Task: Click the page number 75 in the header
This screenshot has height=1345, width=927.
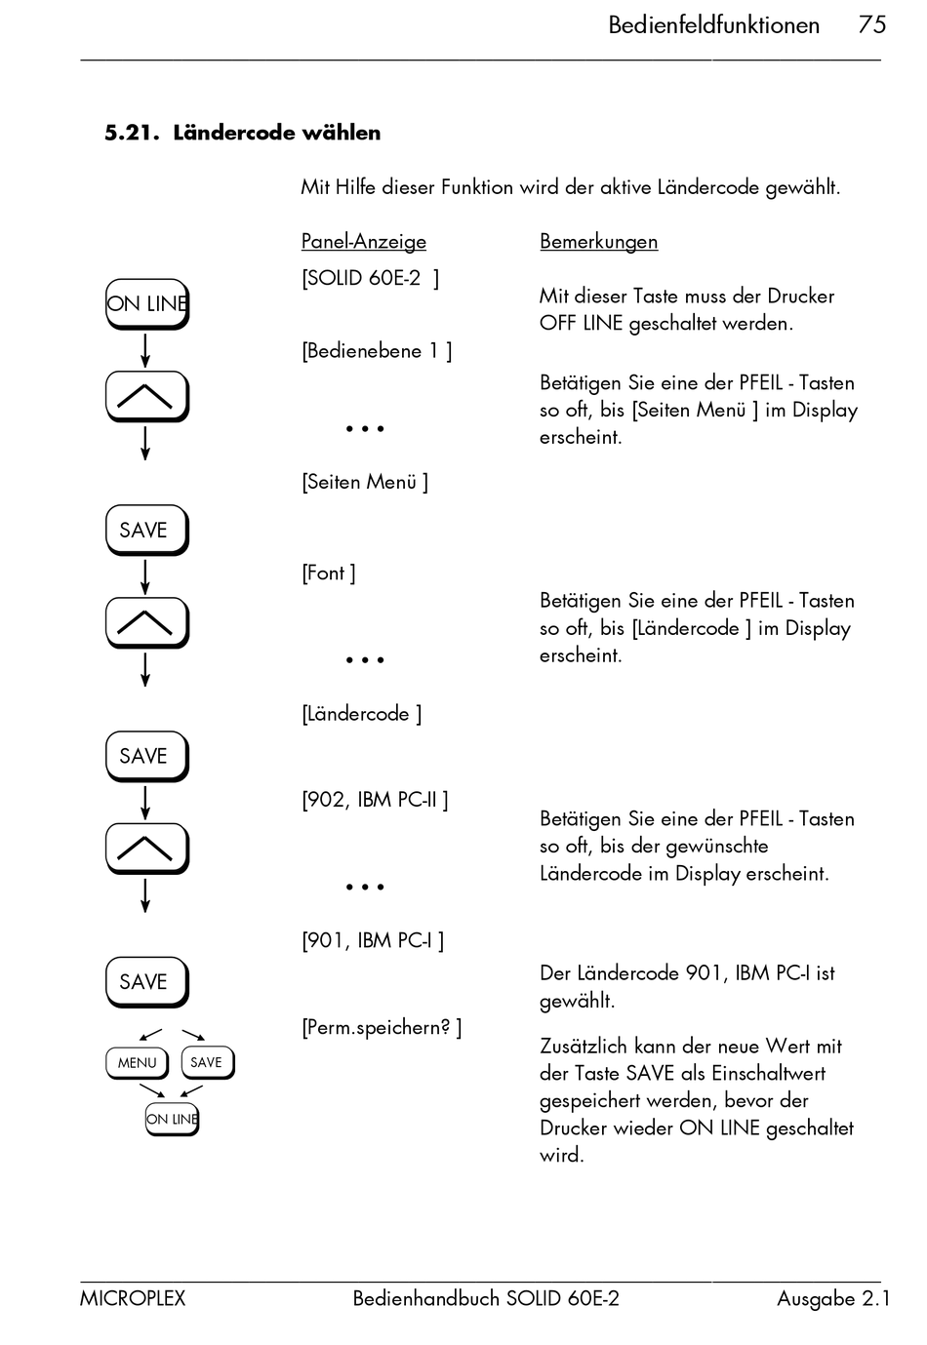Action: pyautogui.click(x=871, y=24)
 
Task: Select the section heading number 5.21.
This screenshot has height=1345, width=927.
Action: pyautogui.click(x=132, y=133)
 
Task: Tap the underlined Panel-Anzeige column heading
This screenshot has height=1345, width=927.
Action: pyautogui.click(x=363, y=241)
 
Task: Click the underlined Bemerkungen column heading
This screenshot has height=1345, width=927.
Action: pyautogui.click(x=598, y=241)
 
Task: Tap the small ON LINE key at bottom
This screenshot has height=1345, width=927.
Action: pyautogui.click(x=172, y=1119)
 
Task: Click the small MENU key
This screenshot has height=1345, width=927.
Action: pyautogui.click(x=137, y=1062)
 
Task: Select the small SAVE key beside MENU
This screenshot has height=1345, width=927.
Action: pyautogui.click(x=207, y=1062)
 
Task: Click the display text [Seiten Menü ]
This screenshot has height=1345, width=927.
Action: pyautogui.click(x=364, y=482)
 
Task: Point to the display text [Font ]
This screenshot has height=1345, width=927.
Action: pyautogui.click(x=328, y=573)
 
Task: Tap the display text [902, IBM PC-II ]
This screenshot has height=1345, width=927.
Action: pyautogui.click(x=375, y=800)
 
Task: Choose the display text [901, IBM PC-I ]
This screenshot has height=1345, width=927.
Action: pyautogui.click(x=373, y=940)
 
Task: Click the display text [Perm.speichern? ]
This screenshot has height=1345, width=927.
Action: pyautogui.click(x=382, y=1027)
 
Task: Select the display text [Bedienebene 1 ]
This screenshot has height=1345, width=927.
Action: pyautogui.click(x=377, y=350)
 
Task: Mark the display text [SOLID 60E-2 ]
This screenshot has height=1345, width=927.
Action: pyautogui.click(x=370, y=278)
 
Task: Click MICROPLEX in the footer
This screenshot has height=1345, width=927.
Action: pyautogui.click(x=133, y=1298)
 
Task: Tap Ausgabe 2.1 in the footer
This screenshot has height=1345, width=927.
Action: pyautogui.click(x=833, y=1298)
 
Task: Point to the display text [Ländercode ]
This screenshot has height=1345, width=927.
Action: pyautogui.click(x=361, y=714)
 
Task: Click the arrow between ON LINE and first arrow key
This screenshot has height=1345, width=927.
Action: pyautogui.click(x=145, y=349)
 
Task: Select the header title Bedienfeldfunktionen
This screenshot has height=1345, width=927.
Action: pyautogui.click(x=713, y=24)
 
